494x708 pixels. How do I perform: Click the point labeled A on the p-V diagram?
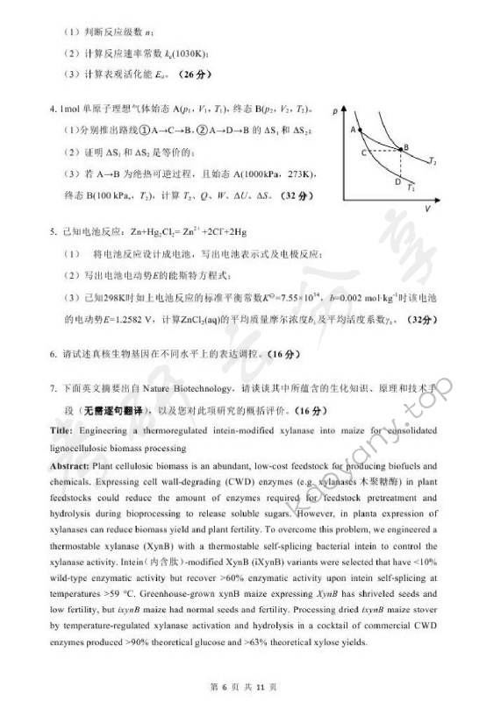pyautogui.click(x=358, y=130)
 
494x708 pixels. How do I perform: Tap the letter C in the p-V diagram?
pyautogui.click(x=364, y=152)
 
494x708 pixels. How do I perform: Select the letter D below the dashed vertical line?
pyautogui.click(x=398, y=182)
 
